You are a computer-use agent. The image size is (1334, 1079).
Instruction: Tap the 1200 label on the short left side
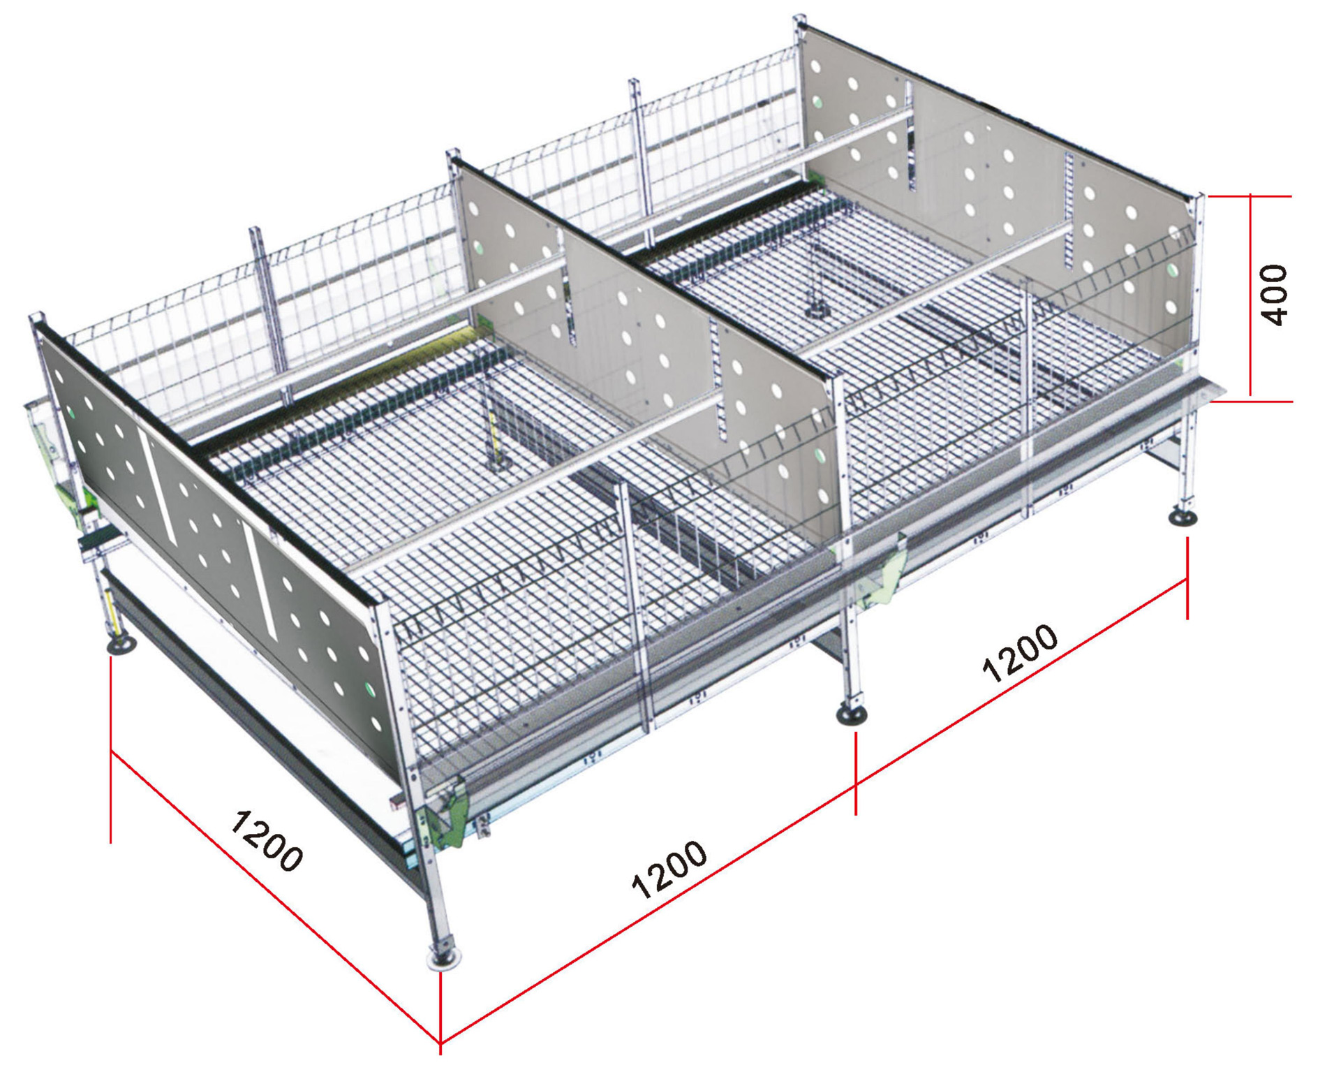click(x=267, y=840)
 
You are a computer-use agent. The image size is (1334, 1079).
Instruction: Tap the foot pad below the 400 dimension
click(x=1183, y=517)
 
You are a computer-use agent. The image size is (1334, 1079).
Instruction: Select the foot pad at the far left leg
click(x=122, y=645)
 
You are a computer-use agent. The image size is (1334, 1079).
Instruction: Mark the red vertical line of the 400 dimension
click(x=1250, y=298)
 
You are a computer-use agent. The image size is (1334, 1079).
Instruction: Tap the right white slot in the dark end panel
click(x=263, y=586)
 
